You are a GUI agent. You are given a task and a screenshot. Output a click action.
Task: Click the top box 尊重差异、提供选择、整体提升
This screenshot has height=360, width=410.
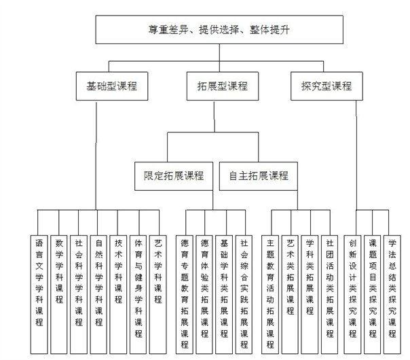[x=219, y=30]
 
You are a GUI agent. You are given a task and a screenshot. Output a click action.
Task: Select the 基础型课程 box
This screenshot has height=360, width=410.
[x=112, y=86]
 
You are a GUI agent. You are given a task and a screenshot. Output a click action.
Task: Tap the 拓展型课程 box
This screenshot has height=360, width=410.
[x=223, y=86]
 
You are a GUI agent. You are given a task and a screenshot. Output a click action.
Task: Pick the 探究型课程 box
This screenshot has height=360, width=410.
[x=327, y=86]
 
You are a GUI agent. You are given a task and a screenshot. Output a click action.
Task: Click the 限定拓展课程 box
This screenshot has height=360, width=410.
[x=174, y=176]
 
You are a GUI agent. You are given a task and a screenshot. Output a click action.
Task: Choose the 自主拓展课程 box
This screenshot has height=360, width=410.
[x=259, y=176]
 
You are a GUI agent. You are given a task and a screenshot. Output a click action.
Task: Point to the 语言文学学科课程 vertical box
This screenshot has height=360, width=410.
[x=39, y=295]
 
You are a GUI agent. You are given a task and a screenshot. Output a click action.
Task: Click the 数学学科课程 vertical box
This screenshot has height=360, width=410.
[x=59, y=295]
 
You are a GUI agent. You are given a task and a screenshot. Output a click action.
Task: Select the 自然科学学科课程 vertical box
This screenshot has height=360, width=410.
[x=98, y=295]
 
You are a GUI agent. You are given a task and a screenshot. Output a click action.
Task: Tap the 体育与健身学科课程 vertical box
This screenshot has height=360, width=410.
[x=138, y=295]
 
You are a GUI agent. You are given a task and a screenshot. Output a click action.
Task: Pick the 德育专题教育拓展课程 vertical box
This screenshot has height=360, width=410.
[x=185, y=295]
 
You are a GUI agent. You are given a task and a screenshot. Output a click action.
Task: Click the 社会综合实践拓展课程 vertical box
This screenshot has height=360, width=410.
[x=244, y=295]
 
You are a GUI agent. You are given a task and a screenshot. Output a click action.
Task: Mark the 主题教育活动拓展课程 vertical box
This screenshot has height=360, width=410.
[x=270, y=295]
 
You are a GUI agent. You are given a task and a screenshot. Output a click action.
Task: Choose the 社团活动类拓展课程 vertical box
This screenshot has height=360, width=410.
[x=329, y=295]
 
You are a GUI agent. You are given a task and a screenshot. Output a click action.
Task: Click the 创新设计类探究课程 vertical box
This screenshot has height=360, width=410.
[x=352, y=295]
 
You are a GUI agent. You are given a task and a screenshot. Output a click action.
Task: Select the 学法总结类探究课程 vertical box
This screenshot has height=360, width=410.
[x=392, y=295]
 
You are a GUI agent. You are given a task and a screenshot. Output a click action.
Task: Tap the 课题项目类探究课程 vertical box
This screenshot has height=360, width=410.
[x=373, y=295]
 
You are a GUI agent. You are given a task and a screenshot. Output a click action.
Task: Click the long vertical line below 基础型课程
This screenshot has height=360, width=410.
[x=96, y=156]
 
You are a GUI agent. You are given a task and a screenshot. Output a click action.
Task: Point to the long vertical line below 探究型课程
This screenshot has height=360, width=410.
[x=356, y=155]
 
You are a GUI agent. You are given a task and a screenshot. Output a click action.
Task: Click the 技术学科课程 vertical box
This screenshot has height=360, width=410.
[x=118, y=295]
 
